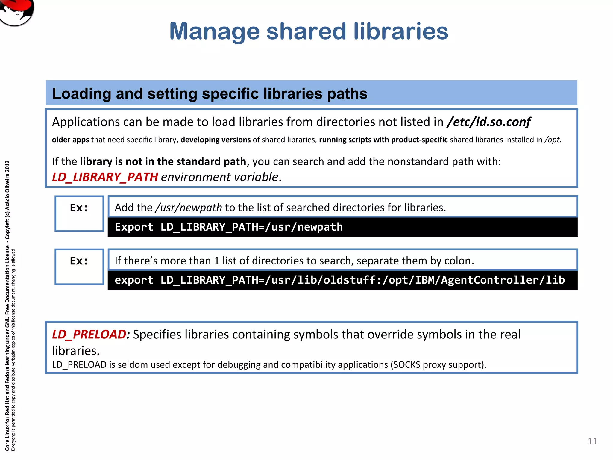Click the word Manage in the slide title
214,31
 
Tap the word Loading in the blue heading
81,93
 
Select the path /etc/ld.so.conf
488,122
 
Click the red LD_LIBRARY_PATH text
105,177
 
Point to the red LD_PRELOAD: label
91,334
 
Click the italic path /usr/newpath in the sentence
189,208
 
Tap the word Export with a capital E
134,227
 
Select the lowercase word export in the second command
134,280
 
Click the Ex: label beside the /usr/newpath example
79,208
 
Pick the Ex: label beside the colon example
79,261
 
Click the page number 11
592,441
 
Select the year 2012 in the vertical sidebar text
7,166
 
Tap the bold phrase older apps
70,140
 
